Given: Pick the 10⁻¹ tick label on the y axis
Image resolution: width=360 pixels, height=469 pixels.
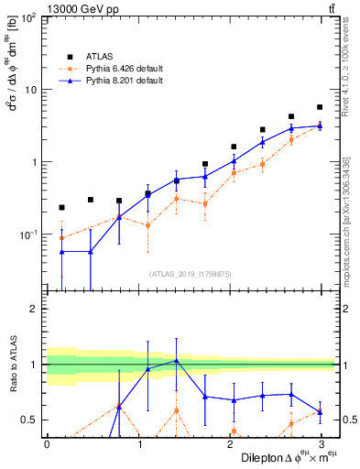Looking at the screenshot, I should click(x=27, y=234).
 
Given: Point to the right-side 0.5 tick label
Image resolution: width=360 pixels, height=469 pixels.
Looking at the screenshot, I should click(x=347, y=420).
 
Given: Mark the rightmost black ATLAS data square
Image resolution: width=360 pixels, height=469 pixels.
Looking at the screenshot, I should click(x=320, y=107).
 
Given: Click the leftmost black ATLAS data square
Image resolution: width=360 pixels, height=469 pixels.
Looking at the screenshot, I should click(x=61, y=208).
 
